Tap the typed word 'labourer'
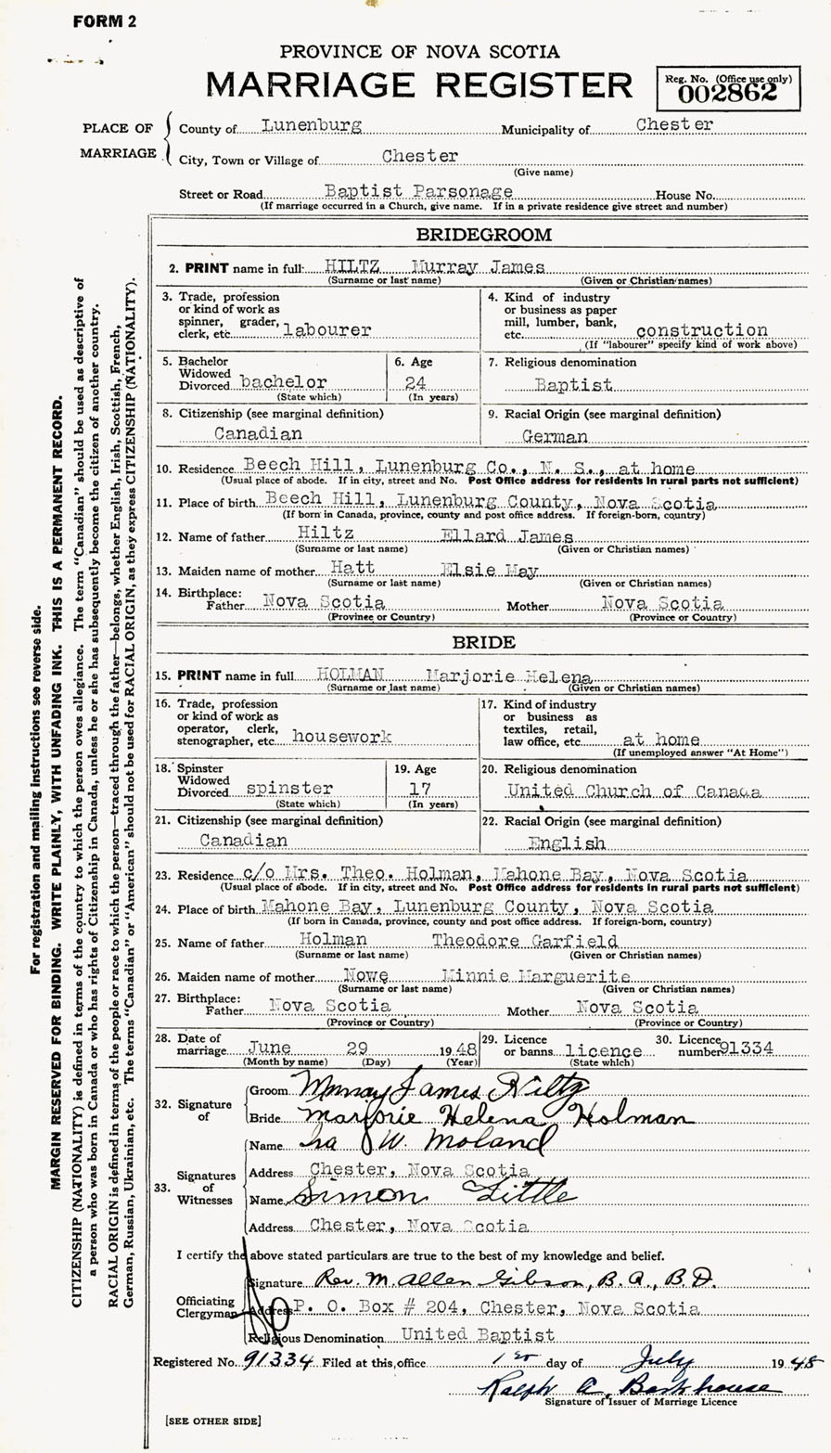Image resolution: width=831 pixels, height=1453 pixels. (328, 328)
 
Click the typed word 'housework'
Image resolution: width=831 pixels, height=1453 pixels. (340, 736)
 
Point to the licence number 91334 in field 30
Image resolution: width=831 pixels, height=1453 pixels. (753, 1046)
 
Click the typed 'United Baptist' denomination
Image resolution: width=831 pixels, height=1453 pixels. (477, 1335)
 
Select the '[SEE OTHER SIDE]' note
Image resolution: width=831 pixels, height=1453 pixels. (212, 1421)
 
